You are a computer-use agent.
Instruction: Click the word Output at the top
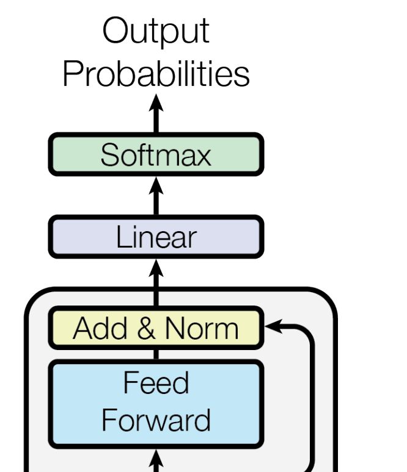click(x=156, y=31)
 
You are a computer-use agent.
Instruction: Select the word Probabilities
click(x=156, y=74)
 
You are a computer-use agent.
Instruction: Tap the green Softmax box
click(x=156, y=154)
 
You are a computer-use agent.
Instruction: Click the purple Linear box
click(x=156, y=237)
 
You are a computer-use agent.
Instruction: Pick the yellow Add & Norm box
click(x=156, y=328)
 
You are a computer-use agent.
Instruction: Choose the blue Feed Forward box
click(x=156, y=404)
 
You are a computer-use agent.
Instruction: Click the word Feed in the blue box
click(x=156, y=382)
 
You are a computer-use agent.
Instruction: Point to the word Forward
click(x=156, y=420)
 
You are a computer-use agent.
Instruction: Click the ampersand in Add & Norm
click(x=146, y=328)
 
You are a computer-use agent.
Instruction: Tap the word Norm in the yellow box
click(x=202, y=328)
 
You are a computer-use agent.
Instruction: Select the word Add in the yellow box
click(x=100, y=328)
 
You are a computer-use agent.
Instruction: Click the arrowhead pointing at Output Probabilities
click(x=156, y=103)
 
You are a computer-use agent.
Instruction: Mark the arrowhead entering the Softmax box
click(x=156, y=186)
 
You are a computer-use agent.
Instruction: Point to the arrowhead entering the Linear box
click(x=156, y=268)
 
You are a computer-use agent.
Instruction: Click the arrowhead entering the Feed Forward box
click(x=156, y=459)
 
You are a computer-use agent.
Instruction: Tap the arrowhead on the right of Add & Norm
click(x=273, y=326)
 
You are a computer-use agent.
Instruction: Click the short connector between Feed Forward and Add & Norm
click(x=156, y=354)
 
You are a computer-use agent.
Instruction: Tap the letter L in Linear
click(x=123, y=237)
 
